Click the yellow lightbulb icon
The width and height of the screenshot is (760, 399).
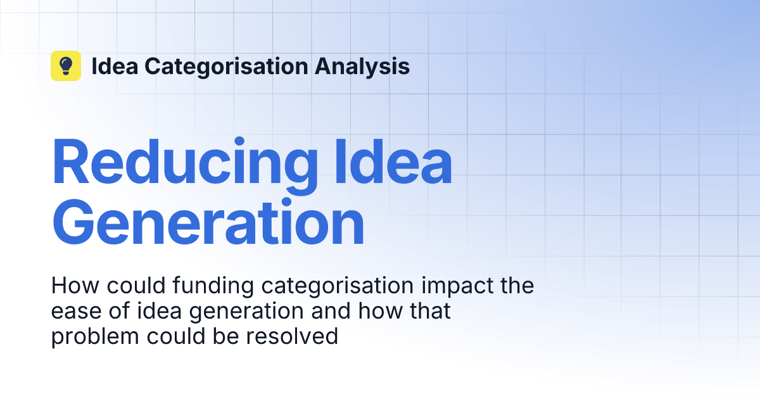pos(66,66)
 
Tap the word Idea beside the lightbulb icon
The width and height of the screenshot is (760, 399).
pos(115,66)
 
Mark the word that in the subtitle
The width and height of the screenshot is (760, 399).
pos(429,312)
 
